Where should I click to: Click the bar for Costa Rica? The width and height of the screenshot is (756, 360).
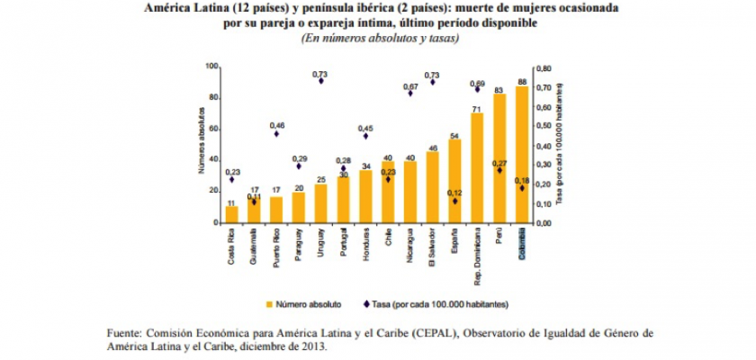tap(232, 214)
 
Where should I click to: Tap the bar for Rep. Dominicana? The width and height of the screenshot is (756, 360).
tap(477, 168)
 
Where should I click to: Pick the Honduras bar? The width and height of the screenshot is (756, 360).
tap(366, 196)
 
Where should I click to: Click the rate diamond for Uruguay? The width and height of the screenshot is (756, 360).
tap(321, 81)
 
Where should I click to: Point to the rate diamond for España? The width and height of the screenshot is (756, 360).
tap(455, 201)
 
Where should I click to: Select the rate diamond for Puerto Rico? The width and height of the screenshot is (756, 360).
tap(276, 133)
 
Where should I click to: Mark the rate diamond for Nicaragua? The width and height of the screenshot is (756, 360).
tap(410, 93)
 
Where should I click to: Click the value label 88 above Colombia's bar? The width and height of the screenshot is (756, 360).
tap(522, 82)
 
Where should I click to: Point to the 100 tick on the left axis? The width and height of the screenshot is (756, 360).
tap(212, 67)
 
